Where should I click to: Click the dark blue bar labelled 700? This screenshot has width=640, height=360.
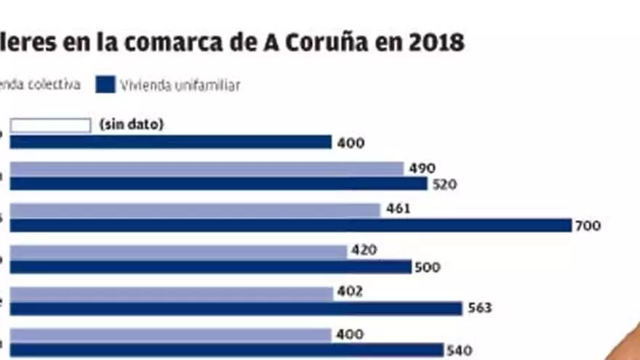point(291,225)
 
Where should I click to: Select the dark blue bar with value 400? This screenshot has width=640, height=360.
point(170,142)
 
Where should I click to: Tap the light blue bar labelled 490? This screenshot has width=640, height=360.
point(207,169)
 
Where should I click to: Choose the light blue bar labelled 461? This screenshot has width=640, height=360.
point(195,210)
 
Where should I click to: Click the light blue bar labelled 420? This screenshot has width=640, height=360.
point(179,252)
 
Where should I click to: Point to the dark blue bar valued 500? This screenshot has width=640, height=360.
point(211,267)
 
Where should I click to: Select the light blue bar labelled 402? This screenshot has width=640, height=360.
point(172,293)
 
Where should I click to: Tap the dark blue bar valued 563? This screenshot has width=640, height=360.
point(236,308)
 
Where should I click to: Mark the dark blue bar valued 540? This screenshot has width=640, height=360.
point(226,350)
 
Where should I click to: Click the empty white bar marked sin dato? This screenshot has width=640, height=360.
point(50,126)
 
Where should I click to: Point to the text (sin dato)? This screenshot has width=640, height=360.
point(132,125)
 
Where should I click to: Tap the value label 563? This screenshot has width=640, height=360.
point(480,308)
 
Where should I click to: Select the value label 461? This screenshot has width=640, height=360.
point(399,209)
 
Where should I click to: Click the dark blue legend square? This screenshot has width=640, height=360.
point(105,85)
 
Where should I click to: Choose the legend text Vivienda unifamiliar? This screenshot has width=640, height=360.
point(180,86)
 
